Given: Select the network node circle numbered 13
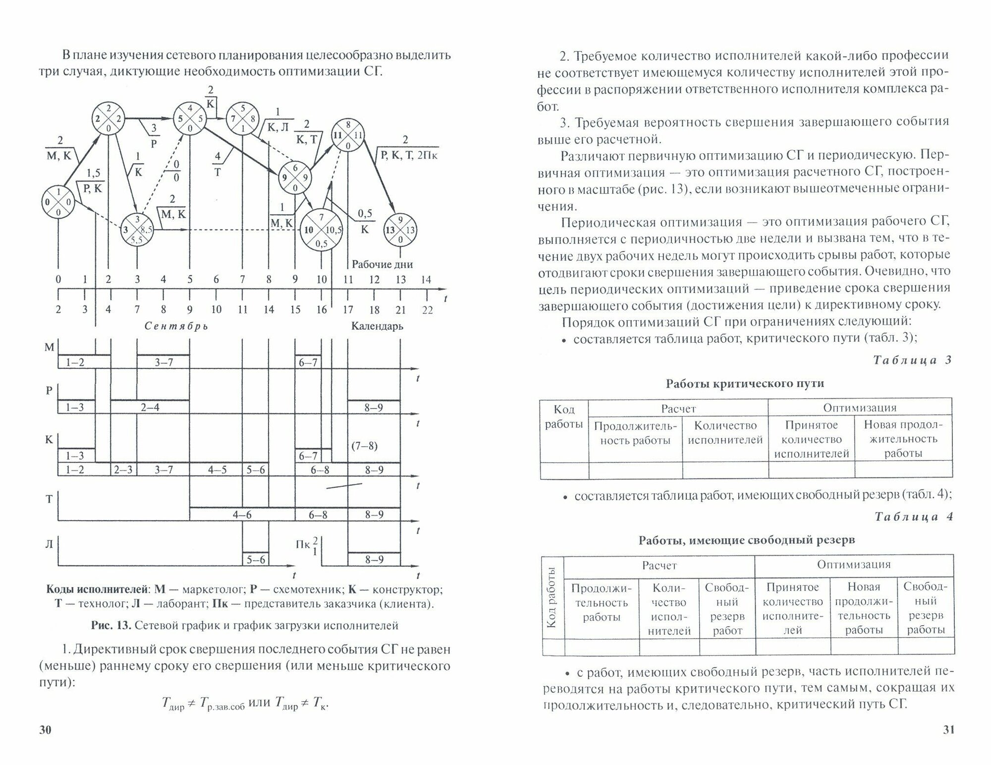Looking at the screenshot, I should [x=400, y=230].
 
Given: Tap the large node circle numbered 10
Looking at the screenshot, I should [x=321, y=230].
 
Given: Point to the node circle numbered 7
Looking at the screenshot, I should [x=242, y=119].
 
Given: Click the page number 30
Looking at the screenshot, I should [x=45, y=730].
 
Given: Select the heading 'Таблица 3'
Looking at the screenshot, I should [x=912, y=360].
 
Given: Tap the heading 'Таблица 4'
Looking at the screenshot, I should [x=913, y=517].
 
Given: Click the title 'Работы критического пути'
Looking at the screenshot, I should [x=745, y=383].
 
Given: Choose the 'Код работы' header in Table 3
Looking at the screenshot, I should [x=563, y=416].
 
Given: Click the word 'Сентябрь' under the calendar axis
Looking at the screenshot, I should [x=176, y=326].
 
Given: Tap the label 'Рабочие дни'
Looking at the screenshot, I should [x=382, y=264].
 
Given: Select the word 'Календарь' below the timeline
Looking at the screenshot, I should [x=377, y=326].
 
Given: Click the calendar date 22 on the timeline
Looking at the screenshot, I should [x=427, y=310].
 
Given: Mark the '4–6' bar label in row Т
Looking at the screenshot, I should [x=242, y=515].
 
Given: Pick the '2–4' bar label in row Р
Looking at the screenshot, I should [x=150, y=408].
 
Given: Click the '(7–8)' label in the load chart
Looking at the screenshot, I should [x=364, y=446].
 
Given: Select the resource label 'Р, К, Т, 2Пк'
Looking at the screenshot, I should [x=409, y=155].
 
